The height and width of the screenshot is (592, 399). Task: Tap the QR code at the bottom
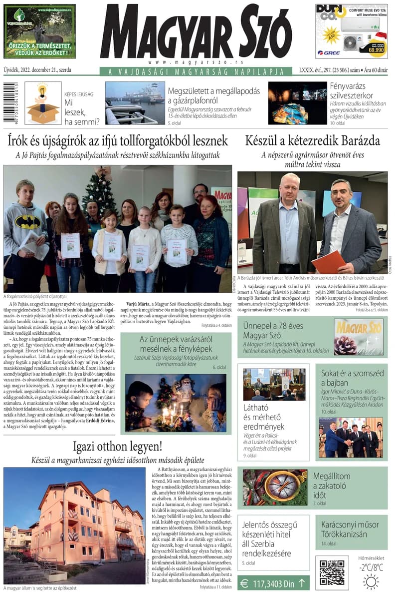tap(332, 573)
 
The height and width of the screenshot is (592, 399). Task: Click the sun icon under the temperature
tap(371, 582)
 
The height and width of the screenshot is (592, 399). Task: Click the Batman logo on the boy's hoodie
tap(29, 221)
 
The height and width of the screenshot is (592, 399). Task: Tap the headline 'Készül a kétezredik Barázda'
tap(312, 140)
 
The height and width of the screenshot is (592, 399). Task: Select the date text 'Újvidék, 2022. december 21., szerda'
tap(37, 71)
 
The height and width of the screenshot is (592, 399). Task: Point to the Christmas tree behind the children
tap(99, 192)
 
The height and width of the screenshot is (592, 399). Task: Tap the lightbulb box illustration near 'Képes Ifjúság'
tap(43, 104)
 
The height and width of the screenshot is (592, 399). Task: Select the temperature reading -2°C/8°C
tap(371, 567)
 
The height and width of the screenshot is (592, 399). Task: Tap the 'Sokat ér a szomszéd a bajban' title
tap(352, 379)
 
